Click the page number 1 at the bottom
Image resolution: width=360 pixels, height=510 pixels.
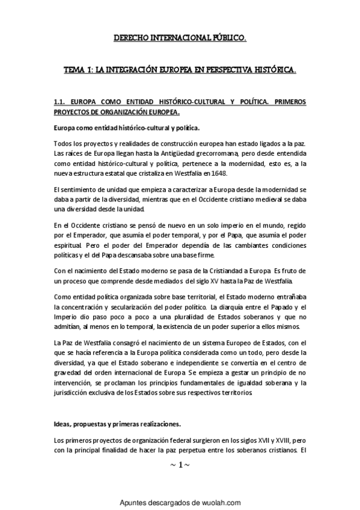(180, 465)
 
